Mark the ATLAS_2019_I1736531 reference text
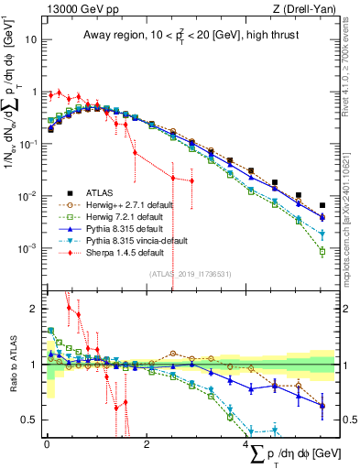188,274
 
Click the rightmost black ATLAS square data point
322,206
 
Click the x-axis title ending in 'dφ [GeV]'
292,455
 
